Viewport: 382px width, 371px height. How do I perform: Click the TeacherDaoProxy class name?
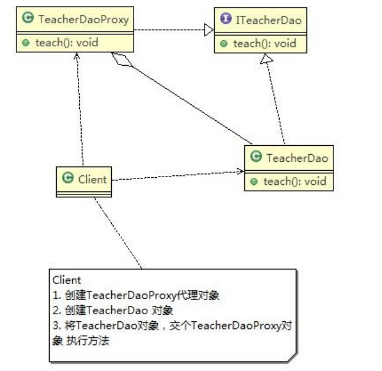point(83,20)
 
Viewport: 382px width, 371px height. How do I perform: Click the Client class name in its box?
point(92,178)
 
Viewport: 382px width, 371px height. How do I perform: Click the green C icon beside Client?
point(67,178)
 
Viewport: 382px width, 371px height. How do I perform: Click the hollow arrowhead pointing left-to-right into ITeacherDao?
point(208,30)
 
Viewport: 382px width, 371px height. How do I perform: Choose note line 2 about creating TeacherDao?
point(119,311)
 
